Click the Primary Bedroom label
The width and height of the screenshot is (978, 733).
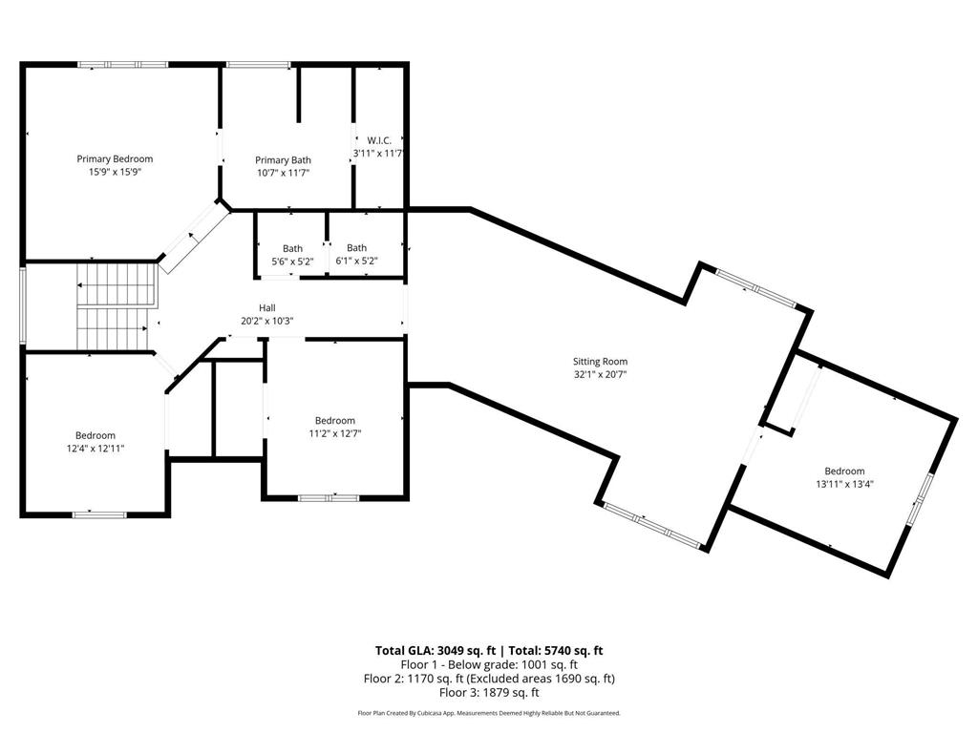click(x=115, y=158)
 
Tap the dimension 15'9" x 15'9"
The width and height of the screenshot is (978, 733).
click(x=115, y=173)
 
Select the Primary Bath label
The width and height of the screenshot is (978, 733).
click(x=283, y=159)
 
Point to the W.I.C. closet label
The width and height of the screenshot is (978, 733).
click(x=379, y=139)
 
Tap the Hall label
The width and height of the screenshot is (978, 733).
click(x=266, y=307)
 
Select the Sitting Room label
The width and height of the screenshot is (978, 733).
click(x=600, y=361)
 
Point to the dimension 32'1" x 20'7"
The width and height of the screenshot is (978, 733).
click(x=600, y=375)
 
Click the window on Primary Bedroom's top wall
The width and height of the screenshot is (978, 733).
click(x=123, y=65)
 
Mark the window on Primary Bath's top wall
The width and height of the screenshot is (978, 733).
click(x=258, y=65)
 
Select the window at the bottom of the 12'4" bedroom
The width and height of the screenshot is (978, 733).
click(x=99, y=514)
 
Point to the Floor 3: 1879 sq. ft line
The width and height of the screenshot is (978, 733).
click(x=488, y=693)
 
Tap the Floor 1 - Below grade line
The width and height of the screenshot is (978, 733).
click(x=488, y=664)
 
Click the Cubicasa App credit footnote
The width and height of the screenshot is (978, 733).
click(x=488, y=713)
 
